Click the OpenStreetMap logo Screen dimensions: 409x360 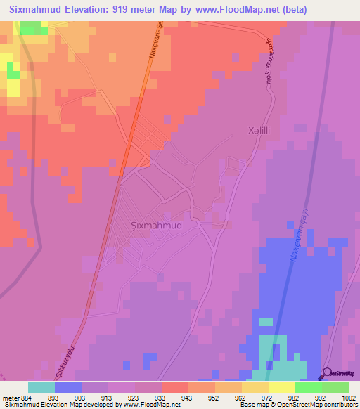coord(341,373)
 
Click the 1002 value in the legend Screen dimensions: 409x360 coord(340,397)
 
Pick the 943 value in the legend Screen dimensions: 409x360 coord(185,397)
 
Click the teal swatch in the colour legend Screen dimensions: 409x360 coord(41,387)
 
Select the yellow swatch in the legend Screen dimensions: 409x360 coord(281,387)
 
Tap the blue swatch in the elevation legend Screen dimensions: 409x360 coord(68,387)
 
